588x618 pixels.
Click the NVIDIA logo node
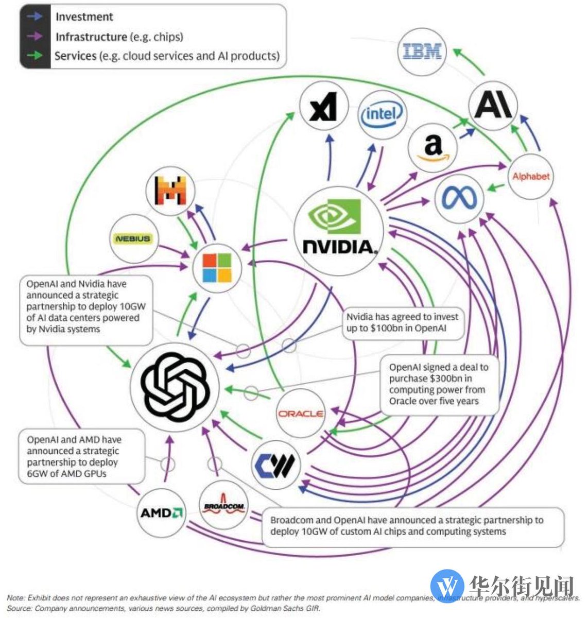click(339, 231)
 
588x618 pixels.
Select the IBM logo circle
click(422, 51)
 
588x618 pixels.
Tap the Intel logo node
click(383, 114)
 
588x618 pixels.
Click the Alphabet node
click(531, 177)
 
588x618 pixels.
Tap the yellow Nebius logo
click(133, 238)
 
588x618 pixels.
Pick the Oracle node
click(301, 413)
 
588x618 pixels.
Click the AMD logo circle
click(162, 512)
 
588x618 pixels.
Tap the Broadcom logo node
click(224, 506)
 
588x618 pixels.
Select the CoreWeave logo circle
click(276, 465)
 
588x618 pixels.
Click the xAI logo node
click(323, 107)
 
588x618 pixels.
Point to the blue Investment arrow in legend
click(35, 16)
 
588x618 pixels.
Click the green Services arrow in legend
click(35, 55)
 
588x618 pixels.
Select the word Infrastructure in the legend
click(91, 37)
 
